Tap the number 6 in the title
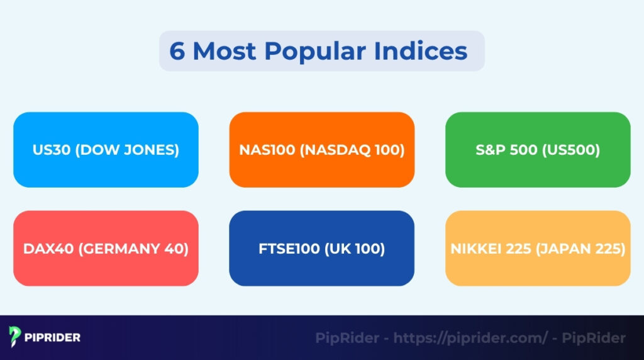click(177, 51)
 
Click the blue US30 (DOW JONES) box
click(106, 150)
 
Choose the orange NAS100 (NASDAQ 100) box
click(321, 150)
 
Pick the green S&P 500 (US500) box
click(538, 150)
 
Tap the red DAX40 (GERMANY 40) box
click(106, 249)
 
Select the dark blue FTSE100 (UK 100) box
click(321, 249)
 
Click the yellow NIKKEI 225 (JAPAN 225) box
click(538, 249)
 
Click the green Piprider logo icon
click(16, 337)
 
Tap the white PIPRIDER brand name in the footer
click(53, 337)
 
